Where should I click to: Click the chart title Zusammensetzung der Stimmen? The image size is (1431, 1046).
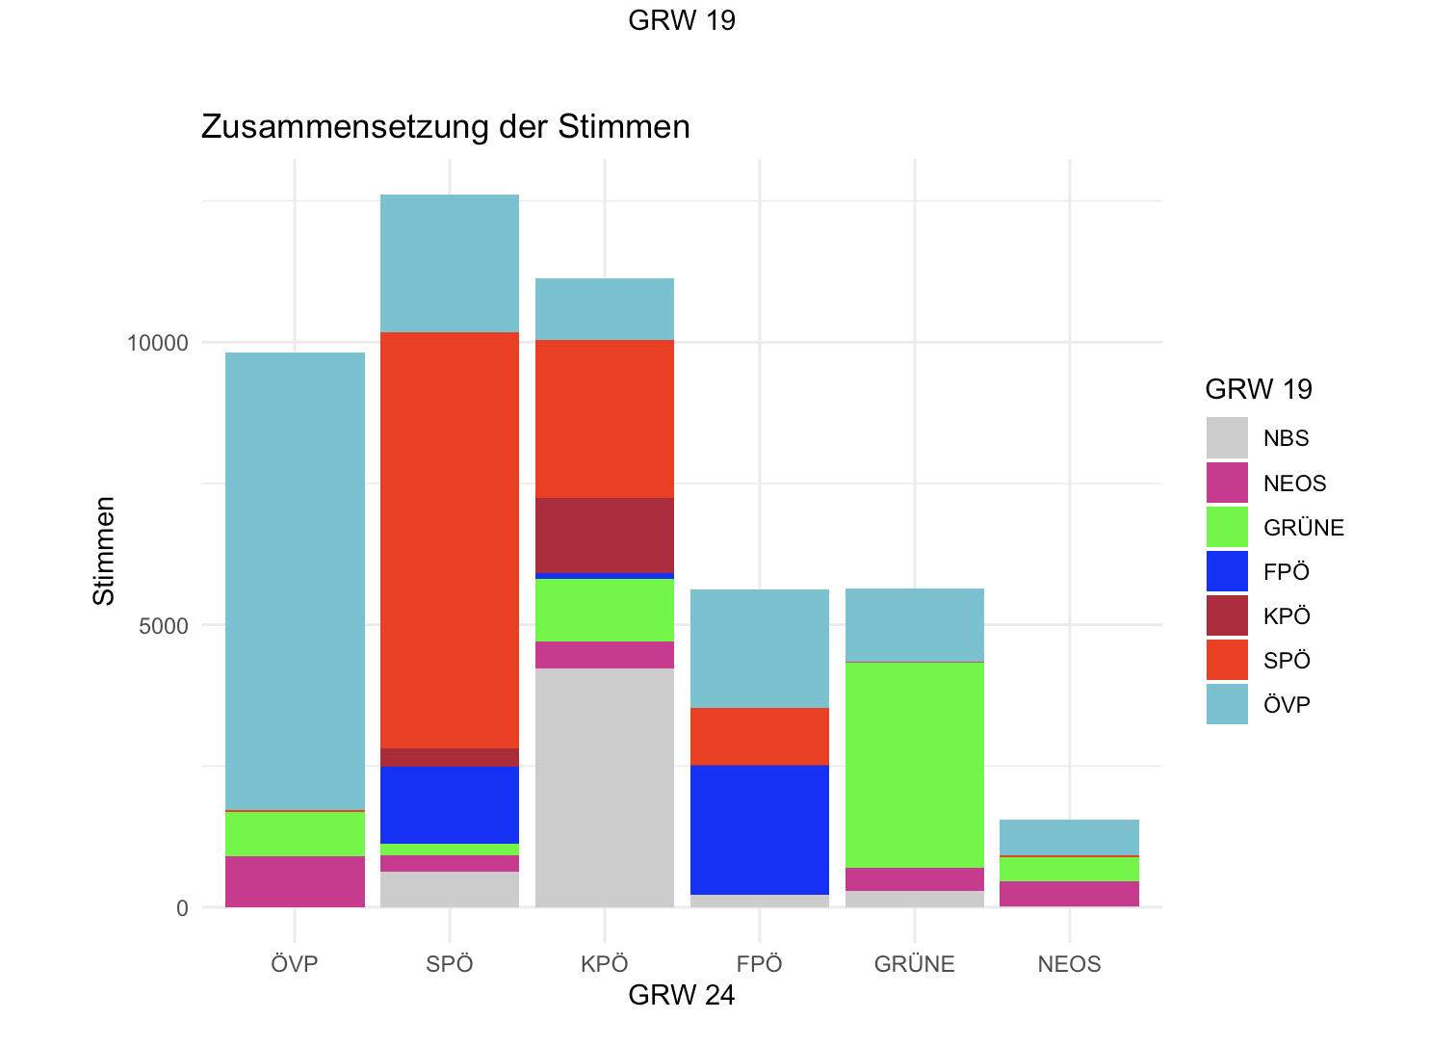point(445,127)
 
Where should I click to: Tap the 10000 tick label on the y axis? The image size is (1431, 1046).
point(158,343)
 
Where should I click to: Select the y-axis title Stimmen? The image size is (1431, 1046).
point(104,551)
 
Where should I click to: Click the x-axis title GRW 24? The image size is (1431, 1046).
point(681,995)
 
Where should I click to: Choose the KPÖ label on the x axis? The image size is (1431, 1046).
point(604,964)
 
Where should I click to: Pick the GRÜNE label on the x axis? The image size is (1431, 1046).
point(914,964)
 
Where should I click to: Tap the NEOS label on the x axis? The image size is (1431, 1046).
point(1069,964)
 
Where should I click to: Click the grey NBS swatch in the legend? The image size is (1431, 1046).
point(1227,438)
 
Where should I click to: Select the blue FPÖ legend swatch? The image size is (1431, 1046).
point(1227,571)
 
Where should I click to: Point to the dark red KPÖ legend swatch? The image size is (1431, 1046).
point(1227,615)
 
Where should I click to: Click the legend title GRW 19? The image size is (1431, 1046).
point(1259,389)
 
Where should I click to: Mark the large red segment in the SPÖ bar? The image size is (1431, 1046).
point(450,539)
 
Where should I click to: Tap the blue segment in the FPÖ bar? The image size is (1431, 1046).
point(760,829)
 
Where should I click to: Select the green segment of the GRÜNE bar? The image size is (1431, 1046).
point(914,765)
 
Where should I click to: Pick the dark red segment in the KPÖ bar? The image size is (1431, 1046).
point(604,535)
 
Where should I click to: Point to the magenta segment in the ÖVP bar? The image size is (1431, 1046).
point(295,881)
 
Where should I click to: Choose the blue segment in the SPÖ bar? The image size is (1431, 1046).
point(450,804)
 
